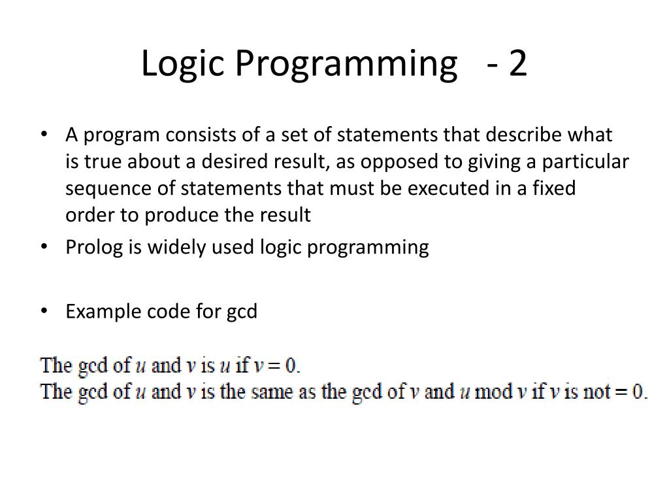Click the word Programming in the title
click(340, 63)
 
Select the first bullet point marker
click(43, 135)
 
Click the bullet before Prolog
click(43, 247)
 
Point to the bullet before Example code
click(43, 311)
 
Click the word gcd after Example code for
click(242, 312)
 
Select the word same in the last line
click(280, 392)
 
